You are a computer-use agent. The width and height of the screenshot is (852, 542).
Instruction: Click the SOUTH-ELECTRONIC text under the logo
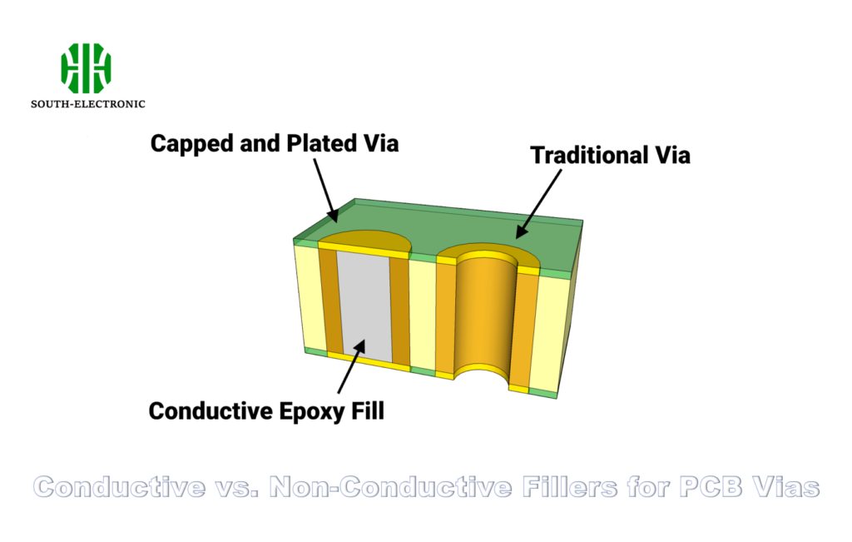87,104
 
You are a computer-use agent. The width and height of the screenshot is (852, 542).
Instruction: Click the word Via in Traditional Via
670,155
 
